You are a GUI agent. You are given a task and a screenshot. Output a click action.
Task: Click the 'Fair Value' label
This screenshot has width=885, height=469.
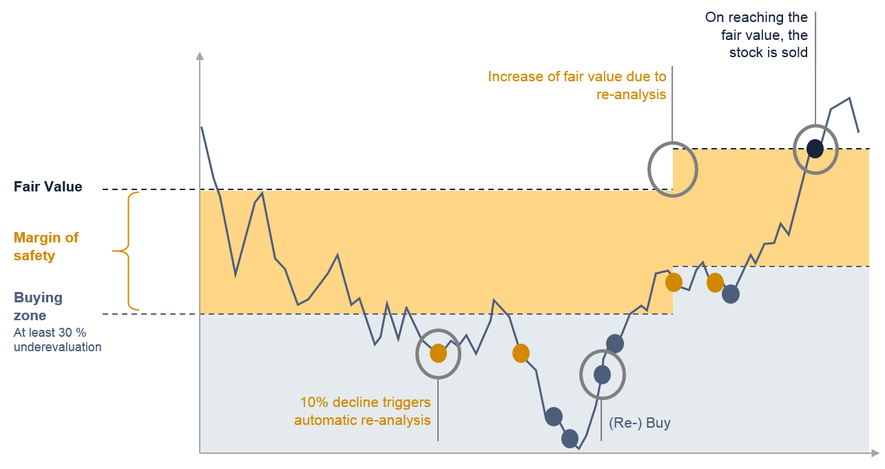coord(48,187)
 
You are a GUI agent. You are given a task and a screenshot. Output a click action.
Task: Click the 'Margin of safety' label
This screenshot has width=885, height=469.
coord(46,247)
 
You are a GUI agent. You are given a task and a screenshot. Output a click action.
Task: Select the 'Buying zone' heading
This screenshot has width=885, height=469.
coord(38,306)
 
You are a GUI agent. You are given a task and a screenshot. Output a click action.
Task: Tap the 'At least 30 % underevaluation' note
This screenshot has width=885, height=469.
coord(57,340)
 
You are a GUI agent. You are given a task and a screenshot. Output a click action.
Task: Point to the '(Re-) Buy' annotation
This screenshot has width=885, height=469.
coord(640,423)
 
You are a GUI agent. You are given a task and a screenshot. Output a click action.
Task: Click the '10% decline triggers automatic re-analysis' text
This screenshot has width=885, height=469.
coord(362,411)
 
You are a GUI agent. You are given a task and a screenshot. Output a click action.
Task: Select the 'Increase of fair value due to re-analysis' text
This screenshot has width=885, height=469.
coord(577,85)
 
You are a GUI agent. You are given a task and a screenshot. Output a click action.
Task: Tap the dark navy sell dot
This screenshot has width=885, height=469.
coord(815,149)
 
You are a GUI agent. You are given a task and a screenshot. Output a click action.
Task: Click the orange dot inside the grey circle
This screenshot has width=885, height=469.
coord(438,353)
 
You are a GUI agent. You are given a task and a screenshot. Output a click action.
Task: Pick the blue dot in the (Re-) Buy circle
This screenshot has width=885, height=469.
coord(602,375)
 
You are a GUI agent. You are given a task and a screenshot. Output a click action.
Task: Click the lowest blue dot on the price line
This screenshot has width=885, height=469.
coord(570,439)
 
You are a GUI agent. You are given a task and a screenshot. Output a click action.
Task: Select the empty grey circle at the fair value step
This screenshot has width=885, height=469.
coord(649,169)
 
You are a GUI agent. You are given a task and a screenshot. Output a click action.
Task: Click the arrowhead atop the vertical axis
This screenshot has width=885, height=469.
coord(200,56)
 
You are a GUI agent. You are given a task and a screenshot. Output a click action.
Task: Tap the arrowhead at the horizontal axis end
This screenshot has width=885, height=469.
coord(875,452)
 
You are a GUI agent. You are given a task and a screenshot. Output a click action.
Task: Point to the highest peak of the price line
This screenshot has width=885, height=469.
coord(849,98)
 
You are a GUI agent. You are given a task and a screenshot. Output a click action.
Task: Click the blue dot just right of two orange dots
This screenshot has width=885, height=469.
coord(731,294)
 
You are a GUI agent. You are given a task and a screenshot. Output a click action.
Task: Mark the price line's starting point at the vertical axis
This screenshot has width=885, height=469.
coord(202,127)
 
